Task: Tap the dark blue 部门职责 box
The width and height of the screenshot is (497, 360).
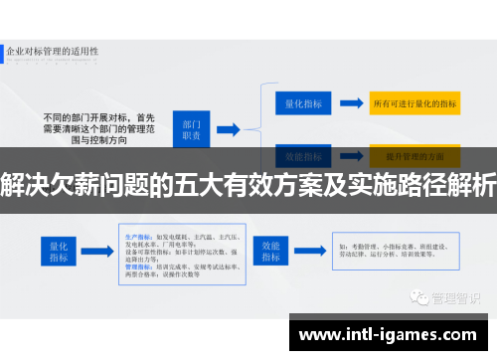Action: point(191,127)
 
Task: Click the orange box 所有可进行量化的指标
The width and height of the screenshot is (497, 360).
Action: point(414,102)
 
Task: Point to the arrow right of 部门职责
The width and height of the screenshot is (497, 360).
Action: point(227,128)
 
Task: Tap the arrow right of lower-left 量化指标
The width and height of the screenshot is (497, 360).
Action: point(100,251)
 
